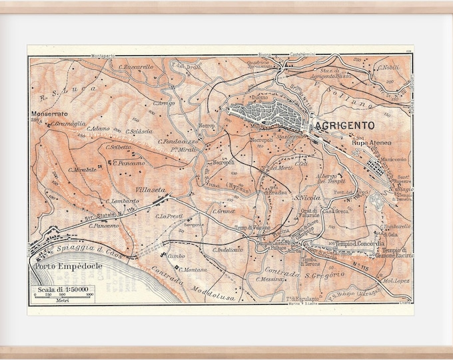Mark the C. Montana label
193,269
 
